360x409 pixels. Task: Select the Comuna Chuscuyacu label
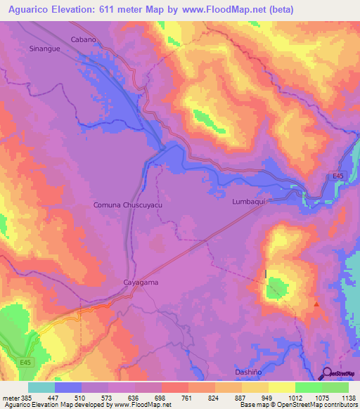(x=123, y=204)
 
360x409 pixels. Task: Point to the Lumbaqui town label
(x=251, y=202)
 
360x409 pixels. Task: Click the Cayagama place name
(x=136, y=282)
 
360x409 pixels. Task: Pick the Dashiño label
(x=250, y=371)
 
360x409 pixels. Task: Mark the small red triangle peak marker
(x=317, y=304)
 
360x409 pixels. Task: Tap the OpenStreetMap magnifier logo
(x=327, y=373)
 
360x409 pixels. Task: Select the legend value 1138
(x=348, y=396)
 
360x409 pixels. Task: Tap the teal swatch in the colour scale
(x=41, y=387)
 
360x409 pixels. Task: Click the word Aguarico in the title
(x=31, y=10)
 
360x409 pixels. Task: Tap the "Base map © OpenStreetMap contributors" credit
(x=298, y=405)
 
